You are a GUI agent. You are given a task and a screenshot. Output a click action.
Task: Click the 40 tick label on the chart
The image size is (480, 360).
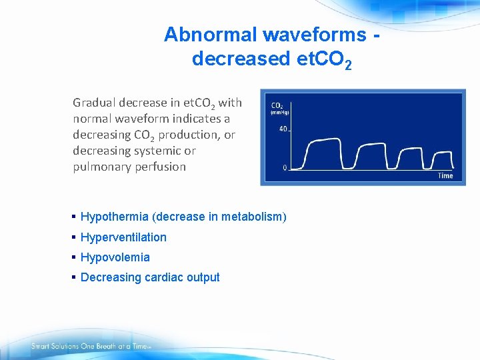tap(283, 129)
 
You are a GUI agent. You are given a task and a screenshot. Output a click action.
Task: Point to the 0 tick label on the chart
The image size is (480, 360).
tap(285, 167)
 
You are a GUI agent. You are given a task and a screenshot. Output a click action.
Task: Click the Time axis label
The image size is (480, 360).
tap(445, 176)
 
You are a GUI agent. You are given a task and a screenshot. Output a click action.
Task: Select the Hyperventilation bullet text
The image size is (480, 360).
tap(123, 237)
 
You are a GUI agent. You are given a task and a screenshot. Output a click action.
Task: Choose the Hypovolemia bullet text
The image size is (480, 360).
tap(115, 257)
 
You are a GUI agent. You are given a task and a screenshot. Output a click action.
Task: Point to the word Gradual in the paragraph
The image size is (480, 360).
tap(95, 103)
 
